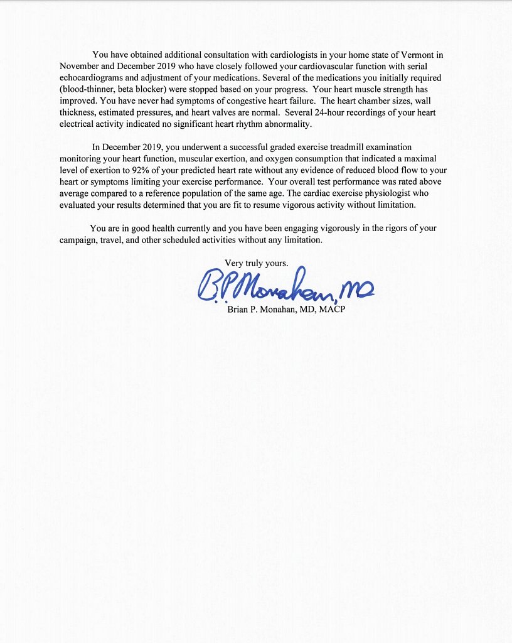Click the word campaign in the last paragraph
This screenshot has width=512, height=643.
(x=80, y=240)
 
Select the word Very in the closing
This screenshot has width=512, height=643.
(x=235, y=263)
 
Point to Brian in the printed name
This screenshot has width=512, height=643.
(x=238, y=310)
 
